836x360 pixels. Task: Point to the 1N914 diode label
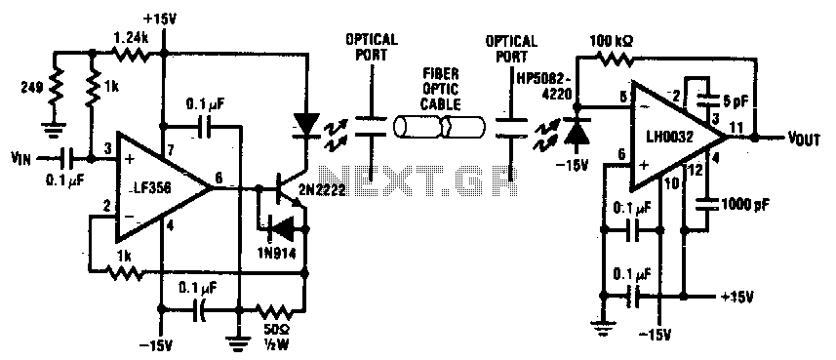[x=274, y=252]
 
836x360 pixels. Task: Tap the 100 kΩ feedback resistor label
[x=615, y=39]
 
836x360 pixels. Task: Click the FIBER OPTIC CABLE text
[x=440, y=88]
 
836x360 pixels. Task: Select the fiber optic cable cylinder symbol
[x=440, y=129]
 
